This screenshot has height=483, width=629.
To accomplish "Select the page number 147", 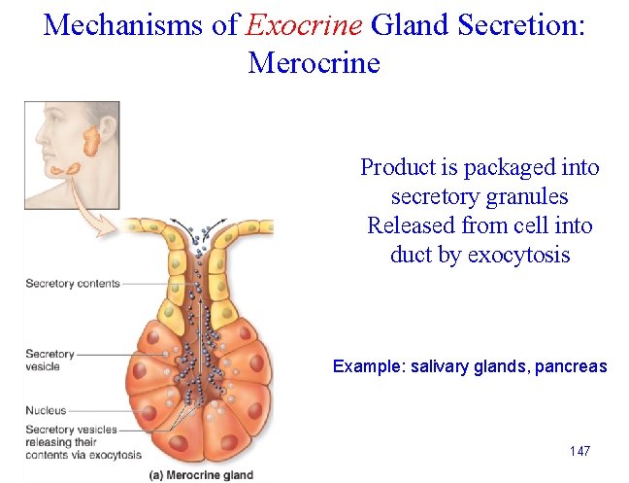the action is [579, 452].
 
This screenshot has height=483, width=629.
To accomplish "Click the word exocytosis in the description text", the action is [519, 256].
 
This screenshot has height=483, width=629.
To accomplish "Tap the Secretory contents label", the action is [73, 284].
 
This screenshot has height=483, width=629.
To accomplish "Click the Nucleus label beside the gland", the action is [46, 410].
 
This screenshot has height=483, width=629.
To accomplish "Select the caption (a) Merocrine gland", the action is [202, 475].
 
